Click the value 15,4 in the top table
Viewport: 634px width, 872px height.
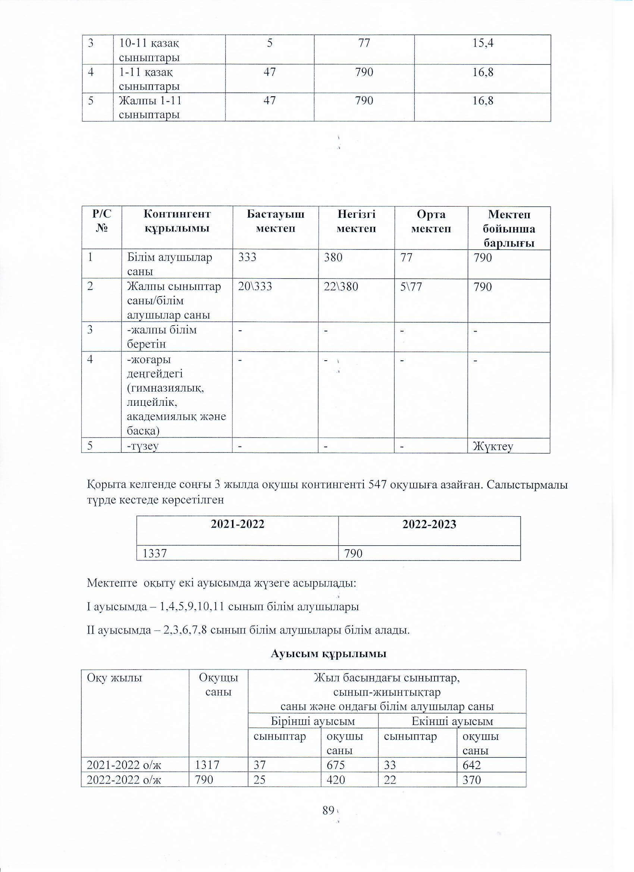point(483,43)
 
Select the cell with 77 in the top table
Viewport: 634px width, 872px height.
point(364,43)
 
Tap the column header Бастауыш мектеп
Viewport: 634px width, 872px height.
point(275,221)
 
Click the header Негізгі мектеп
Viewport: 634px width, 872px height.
point(356,221)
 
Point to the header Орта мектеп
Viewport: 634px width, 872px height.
point(431,221)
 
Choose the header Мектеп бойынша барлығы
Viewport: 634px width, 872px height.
point(509,228)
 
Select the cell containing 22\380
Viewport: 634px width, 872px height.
point(340,287)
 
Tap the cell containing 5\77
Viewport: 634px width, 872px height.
point(411,287)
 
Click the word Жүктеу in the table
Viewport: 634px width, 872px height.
point(493,446)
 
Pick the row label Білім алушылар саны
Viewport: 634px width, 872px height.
point(170,264)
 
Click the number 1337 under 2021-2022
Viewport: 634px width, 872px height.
point(154,553)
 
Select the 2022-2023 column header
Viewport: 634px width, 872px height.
point(429,525)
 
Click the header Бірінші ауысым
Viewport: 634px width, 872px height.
point(313,721)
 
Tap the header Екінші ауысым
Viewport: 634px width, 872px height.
point(452,721)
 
